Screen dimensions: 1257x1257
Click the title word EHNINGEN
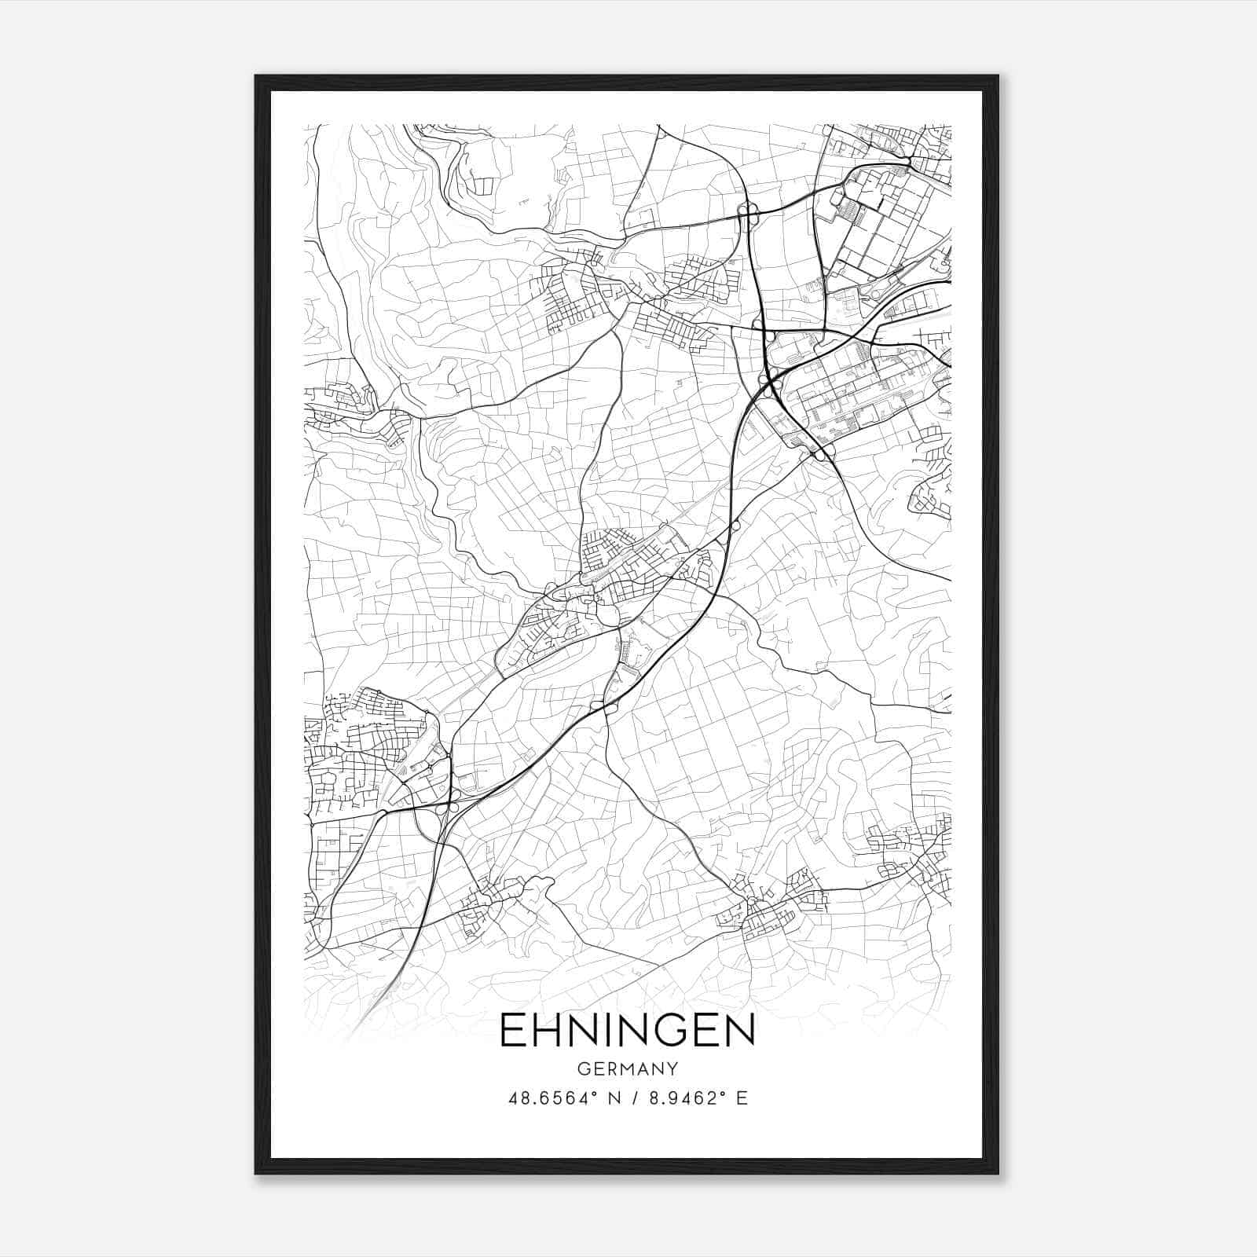[627, 1031]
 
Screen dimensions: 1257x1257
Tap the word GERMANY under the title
[628, 1069]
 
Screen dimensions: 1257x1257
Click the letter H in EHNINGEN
[549, 1031]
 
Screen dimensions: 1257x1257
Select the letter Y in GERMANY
[672, 1069]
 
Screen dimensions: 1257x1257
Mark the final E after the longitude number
[742, 1098]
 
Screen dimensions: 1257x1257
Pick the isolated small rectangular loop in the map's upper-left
[482, 186]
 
